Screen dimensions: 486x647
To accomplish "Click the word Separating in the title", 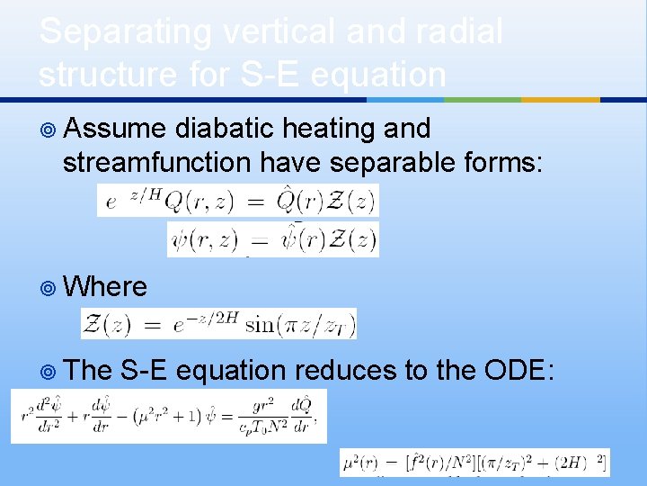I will point(111,32).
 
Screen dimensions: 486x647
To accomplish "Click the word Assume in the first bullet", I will point(114,130).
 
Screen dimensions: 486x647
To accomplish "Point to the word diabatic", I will point(225,130).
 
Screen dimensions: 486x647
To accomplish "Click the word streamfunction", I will point(157,163).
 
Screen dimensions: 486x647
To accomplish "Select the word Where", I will point(106,287).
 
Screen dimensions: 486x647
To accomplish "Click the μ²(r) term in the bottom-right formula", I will point(361,463).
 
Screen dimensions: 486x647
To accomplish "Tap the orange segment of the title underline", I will point(560,99).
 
